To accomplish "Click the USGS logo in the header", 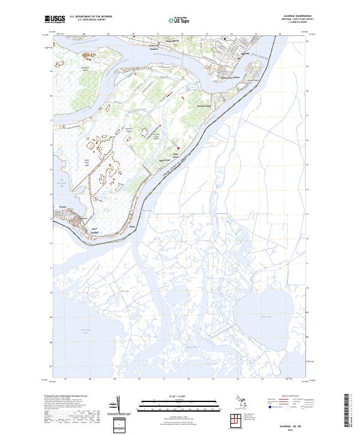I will tap(55, 19).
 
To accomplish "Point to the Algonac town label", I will tap(244, 54).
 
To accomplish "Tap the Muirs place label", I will tap(133, 227).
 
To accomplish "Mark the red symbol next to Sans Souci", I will tap(178, 148).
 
